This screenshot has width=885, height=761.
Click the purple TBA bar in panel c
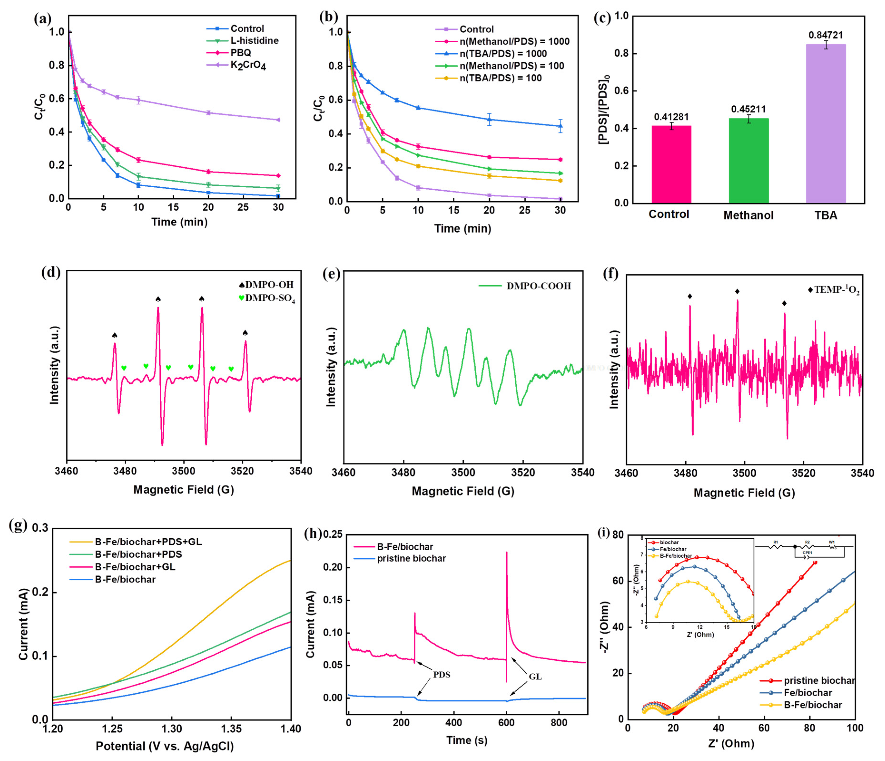(x=825, y=124)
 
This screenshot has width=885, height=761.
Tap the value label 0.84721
(x=825, y=35)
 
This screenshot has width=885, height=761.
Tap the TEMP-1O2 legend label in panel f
(x=836, y=290)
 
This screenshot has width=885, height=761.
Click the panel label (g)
(x=18, y=525)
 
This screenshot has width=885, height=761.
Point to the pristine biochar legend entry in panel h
(x=411, y=558)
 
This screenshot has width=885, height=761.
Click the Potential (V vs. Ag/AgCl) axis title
(x=164, y=746)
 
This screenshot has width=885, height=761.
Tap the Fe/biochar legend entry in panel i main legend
(x=808, y=693)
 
